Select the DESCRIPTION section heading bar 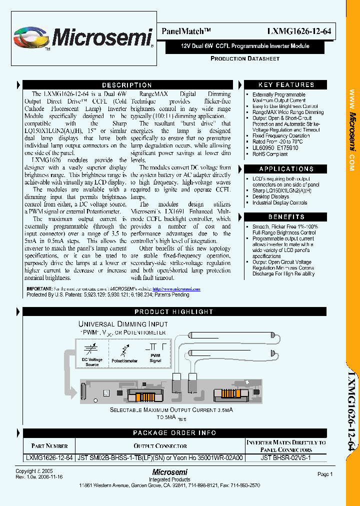[x=126, y=85]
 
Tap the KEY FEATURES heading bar [x=286, y=85]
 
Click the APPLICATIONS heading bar [x=286, y=169]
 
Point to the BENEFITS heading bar [x=286, y=217]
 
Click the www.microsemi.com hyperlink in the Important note [x=176, y=289]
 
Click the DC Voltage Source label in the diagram [x=92, y=362]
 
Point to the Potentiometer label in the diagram [x=124, y=360]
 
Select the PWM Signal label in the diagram [x=155, y=357]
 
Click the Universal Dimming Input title [x=123, y=324]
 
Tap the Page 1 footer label [x=324, y=474]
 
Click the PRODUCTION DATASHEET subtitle [x=244, y=58]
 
